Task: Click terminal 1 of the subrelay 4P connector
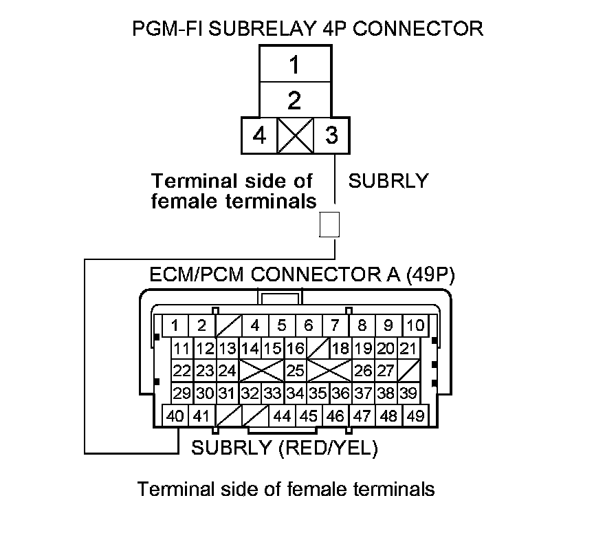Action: point(294,66)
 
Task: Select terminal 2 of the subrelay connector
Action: point(294,101)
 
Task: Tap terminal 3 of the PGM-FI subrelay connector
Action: point(331,135)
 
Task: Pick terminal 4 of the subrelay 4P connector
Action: point(259,135)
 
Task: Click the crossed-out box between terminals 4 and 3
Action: point(295,135)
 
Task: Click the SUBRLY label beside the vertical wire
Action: point(388,181)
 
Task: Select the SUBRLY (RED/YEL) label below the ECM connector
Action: point(285,448)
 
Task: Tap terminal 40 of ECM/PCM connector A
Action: point(175,416)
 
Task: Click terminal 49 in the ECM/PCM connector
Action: point(415,416)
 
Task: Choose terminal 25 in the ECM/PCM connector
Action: point(295,371)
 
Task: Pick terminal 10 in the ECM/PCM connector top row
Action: point(415,325)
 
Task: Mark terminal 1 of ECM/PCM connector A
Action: point(176,325)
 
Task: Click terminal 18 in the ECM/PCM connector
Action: point(340,348)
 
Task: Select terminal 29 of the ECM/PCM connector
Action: point(182,393)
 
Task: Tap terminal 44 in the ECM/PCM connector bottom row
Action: point(282,416)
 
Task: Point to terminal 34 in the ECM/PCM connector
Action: point(295,393)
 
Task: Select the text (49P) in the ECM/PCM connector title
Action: point(430,275)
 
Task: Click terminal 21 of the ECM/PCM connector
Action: point(408,348)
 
